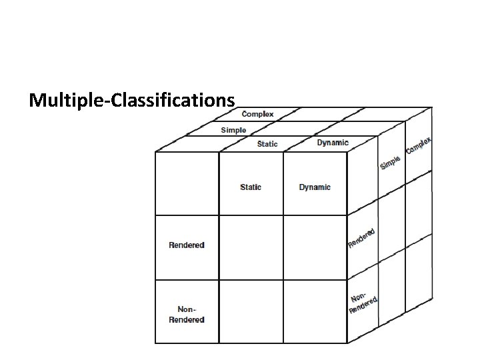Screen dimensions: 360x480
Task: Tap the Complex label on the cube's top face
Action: [257, 114]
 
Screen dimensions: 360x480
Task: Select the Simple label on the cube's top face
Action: [233, 130]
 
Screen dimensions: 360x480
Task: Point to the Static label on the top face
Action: [267, 144]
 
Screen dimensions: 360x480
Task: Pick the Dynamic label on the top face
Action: [332, 143]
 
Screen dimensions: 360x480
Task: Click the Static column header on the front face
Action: [251, 187]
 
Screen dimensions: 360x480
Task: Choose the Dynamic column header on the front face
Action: [315, 187]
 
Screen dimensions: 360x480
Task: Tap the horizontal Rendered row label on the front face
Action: [187, 245]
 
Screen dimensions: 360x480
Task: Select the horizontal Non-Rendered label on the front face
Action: [187, 314]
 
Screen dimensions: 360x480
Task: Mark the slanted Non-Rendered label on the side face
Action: [363, 303]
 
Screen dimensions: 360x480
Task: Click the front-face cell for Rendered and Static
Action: [251, 247]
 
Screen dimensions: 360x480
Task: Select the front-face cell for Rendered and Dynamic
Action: [315, 247]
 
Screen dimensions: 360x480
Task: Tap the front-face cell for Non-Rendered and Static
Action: [251, 312]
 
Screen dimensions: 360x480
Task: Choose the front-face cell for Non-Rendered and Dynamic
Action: [315, 312]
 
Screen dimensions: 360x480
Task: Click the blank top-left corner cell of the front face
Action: [187, 183]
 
